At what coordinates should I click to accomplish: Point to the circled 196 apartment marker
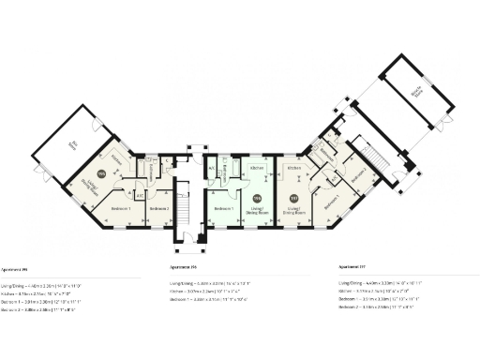coord(257,197)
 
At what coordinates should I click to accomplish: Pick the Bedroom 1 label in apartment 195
coord(118,206)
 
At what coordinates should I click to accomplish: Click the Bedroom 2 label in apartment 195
coord(158,206)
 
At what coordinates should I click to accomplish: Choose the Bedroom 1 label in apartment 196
coord(222,207)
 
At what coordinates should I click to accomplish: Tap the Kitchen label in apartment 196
coord(257,169)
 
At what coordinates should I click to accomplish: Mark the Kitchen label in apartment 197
coord(293,169)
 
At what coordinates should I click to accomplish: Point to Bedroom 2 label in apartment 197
coord(356,172)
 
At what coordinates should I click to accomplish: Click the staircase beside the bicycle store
coord(372,151)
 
